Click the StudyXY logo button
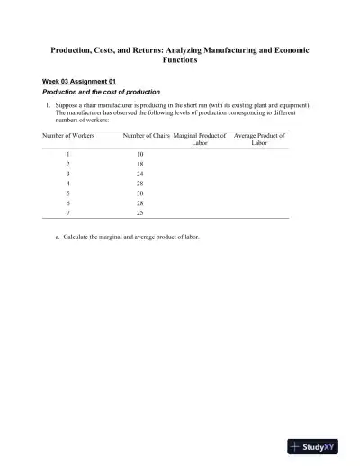point(319,445)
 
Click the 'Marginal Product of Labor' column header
point(200,139)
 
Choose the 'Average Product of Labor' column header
point(259,139)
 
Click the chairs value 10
point(153,155)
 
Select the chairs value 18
point(153,165)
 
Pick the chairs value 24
point(153,175)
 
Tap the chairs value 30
point(153,193)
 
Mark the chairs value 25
point(153,212)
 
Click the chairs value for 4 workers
point(153,184)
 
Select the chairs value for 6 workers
point(153,203)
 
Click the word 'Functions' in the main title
point(180,62)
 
